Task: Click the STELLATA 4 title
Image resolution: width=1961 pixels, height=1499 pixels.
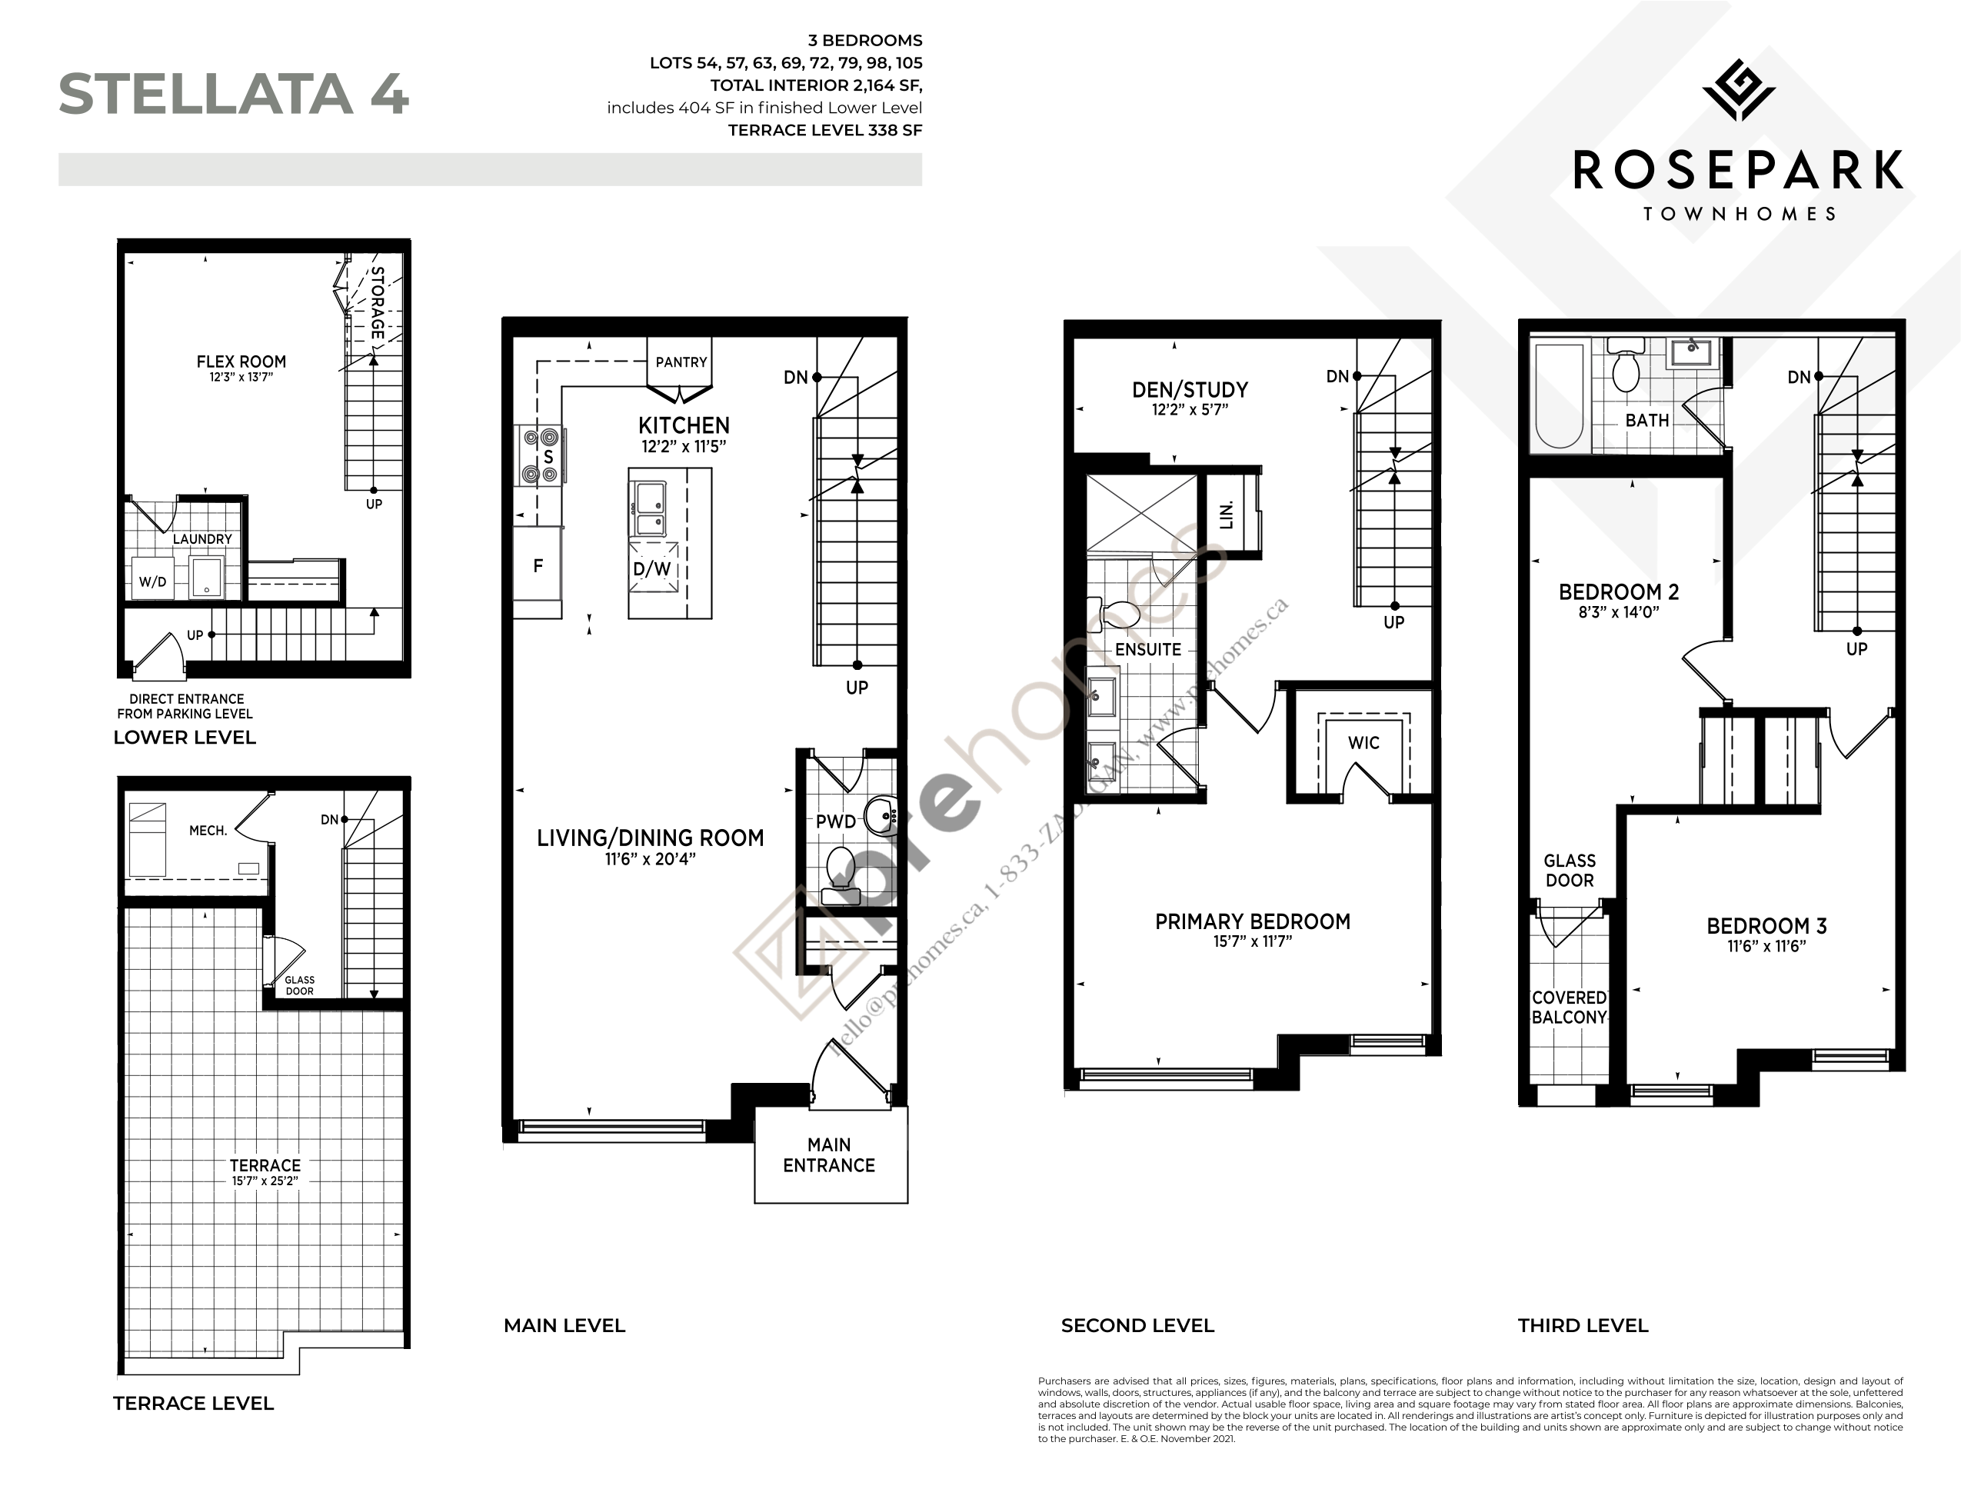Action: coord(234,95)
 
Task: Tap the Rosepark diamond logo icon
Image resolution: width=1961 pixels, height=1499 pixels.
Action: coord(1738,90)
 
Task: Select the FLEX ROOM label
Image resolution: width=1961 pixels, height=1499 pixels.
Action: coord(241,361)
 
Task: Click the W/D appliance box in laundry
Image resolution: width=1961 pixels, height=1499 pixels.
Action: coord(152,580)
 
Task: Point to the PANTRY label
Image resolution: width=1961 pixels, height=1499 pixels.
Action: coord(681,361)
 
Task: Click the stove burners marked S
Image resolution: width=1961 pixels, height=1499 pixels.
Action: coord(540,456)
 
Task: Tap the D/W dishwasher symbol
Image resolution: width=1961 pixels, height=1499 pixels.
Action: coord(652,569)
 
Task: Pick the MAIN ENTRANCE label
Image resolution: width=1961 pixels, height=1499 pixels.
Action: coord(828,1154)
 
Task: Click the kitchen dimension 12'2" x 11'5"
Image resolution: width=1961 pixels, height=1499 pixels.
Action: coord(684,446)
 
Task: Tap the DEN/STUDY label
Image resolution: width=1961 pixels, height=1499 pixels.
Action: coord(1189,390)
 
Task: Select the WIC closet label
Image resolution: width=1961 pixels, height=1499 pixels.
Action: coord(1363,742)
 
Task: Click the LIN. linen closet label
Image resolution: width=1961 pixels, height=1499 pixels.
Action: coord(1227,515)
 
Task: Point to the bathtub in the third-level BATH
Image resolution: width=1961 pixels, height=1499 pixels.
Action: coord(1559,395)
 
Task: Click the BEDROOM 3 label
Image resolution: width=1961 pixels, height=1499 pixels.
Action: coord(1766,926)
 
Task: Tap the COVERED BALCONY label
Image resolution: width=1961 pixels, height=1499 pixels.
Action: coord(1569,1008)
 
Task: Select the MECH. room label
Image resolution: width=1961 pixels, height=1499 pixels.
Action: coord(208,830)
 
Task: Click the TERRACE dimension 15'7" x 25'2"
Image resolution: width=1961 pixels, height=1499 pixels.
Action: coord(265,1181)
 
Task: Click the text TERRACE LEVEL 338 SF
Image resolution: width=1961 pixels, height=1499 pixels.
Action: coord(824,130)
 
